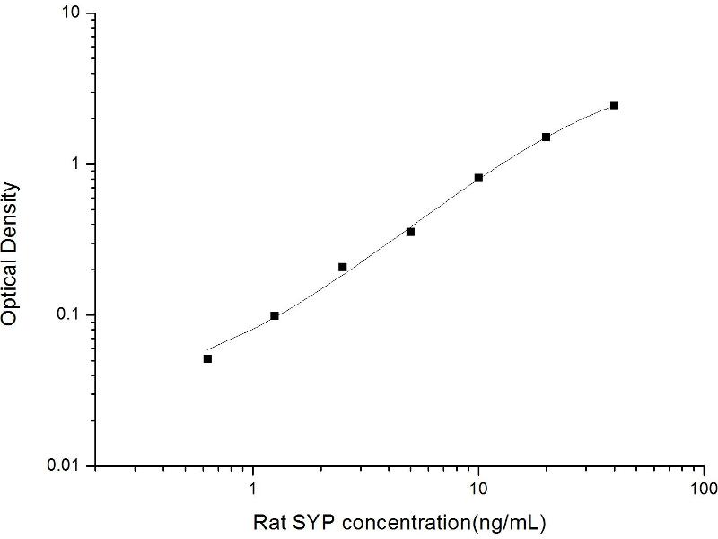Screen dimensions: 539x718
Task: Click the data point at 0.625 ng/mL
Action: (x=207, y=358)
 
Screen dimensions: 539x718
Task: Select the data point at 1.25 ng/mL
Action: (x=275, y=315)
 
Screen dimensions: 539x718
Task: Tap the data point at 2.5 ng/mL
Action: (x=343, y=267)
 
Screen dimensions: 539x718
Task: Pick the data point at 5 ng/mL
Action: (x=410, y=232)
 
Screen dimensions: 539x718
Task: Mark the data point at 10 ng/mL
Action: (x=478, y=178)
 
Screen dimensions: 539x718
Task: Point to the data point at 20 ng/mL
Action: (x=546, y=137)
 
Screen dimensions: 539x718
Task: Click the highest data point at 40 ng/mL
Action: (x=614, y=105)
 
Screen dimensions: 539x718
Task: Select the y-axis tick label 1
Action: (x=77, y=164)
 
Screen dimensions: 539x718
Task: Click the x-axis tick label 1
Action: (x=254, y=490)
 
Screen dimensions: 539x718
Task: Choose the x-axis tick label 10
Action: (x=478, y=490)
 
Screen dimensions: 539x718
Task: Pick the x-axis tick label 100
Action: (x=703, y=490)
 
